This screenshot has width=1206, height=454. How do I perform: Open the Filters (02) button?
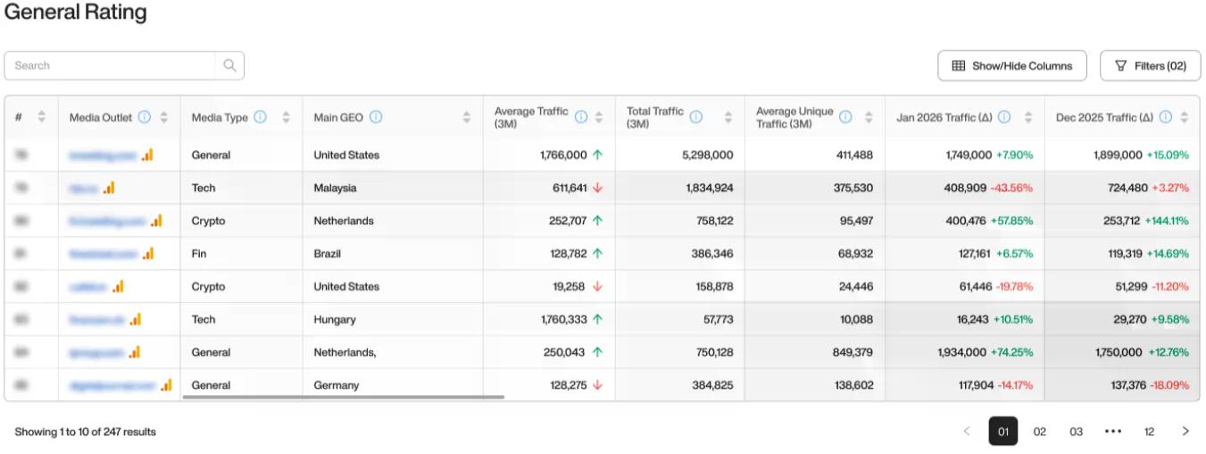pos(1150,65)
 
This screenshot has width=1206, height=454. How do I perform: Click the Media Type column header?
pos(220,117)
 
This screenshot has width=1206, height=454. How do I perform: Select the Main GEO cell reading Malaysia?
pos(335,188)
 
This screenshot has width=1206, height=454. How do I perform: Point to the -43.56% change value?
pos(1011,188)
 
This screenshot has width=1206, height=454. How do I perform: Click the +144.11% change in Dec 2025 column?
pos(1167,221)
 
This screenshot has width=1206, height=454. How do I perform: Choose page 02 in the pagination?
pos(1039,432)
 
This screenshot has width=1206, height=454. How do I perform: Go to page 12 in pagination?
pos(1149,432)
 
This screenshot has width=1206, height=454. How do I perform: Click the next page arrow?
pos(1185,432)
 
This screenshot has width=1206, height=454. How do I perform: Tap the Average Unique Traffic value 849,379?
pos(853,352)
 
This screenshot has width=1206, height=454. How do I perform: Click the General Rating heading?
pos(76,13)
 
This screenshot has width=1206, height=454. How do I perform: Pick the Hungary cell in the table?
pos(335,319)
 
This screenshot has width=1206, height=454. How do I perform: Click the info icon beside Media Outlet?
pos(144,117)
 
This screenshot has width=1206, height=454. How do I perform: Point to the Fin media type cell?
pos(199,254)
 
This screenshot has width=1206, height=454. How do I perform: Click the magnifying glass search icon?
pos(229,65)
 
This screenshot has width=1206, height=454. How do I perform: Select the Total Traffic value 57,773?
pos(712,319)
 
